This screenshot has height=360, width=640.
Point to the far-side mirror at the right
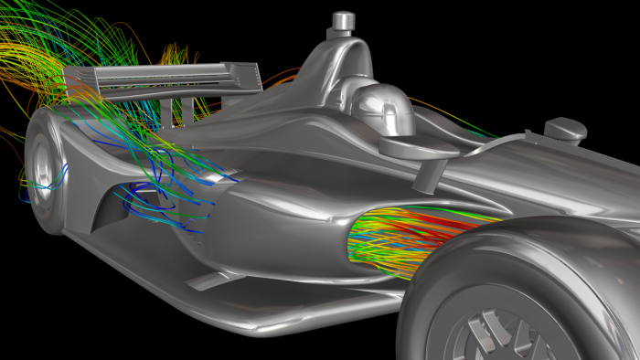click(x=563, y=130)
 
